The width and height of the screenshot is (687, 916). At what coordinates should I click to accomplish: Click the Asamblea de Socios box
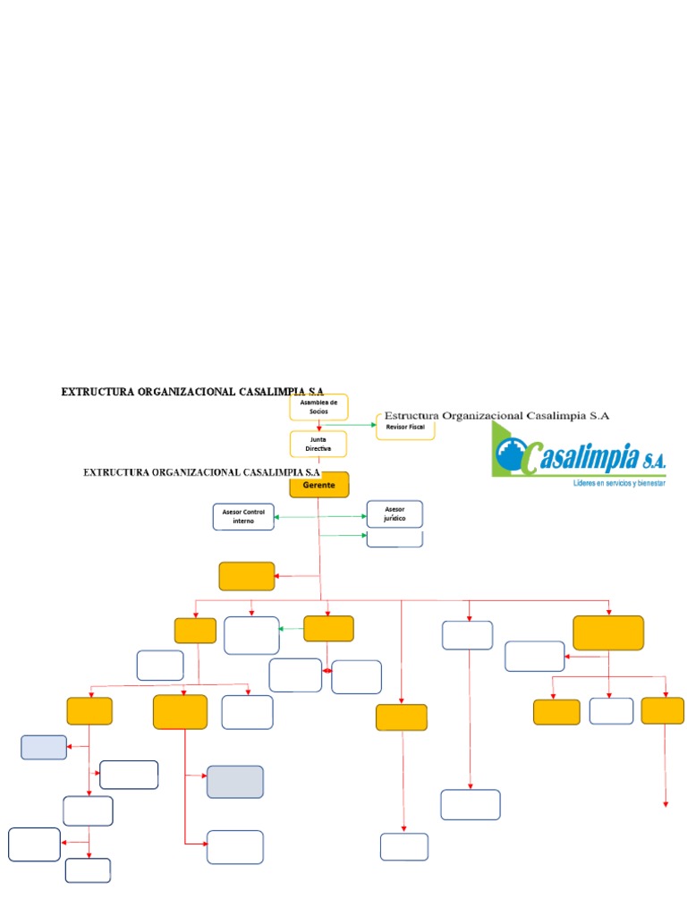pos(318,407)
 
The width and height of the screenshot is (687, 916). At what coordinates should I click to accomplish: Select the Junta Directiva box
pos(318,444)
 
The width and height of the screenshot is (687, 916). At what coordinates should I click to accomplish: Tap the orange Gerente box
pos(319,484)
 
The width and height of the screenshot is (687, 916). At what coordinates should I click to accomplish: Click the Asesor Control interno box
pos(243,516)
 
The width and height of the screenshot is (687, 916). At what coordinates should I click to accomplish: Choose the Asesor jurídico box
pos(394,513)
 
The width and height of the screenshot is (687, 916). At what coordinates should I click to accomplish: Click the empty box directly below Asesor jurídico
pos(394,539)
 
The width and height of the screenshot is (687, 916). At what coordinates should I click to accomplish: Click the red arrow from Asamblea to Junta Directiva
pos(318,426)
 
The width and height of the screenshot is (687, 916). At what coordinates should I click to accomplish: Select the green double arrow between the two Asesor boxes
pos(320,517)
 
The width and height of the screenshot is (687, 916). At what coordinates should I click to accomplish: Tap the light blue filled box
pos(44,747)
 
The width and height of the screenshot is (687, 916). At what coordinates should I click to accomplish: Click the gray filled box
pos(235,781)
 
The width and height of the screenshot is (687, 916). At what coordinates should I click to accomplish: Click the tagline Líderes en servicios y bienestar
pos(619,483)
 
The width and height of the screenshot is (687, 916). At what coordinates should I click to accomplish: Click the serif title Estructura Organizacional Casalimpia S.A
pos(496,416)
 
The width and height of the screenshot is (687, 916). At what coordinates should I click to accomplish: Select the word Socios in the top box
pos(318,411)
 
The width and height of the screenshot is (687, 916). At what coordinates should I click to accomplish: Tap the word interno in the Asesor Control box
pos(243,521)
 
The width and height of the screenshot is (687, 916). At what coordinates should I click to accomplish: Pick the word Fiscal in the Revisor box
pos(417,428)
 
